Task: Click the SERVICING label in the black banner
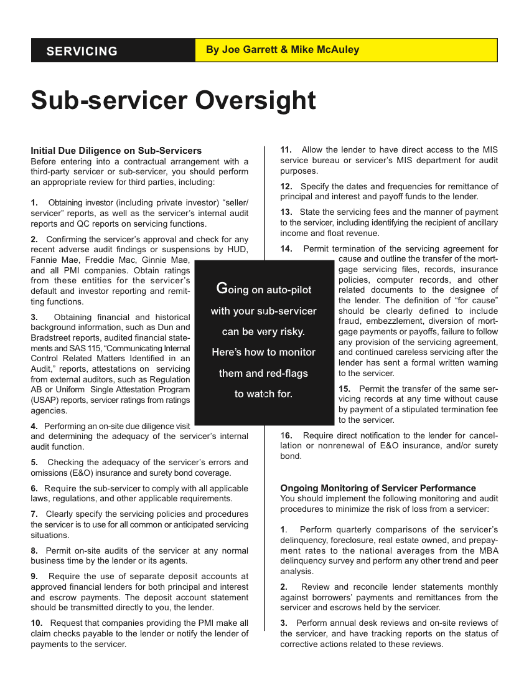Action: (82, 51)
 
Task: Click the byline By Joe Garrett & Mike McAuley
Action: (283, 50)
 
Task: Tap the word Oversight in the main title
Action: (256, 100)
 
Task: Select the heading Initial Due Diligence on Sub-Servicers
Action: (116, 151)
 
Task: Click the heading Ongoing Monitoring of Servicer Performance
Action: (378, 488)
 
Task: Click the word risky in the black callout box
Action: (290, 332)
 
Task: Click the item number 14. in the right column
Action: (286, 249)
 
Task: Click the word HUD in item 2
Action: (239, 250)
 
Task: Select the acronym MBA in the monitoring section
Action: (489, 550)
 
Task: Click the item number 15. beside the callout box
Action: (345, 389)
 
